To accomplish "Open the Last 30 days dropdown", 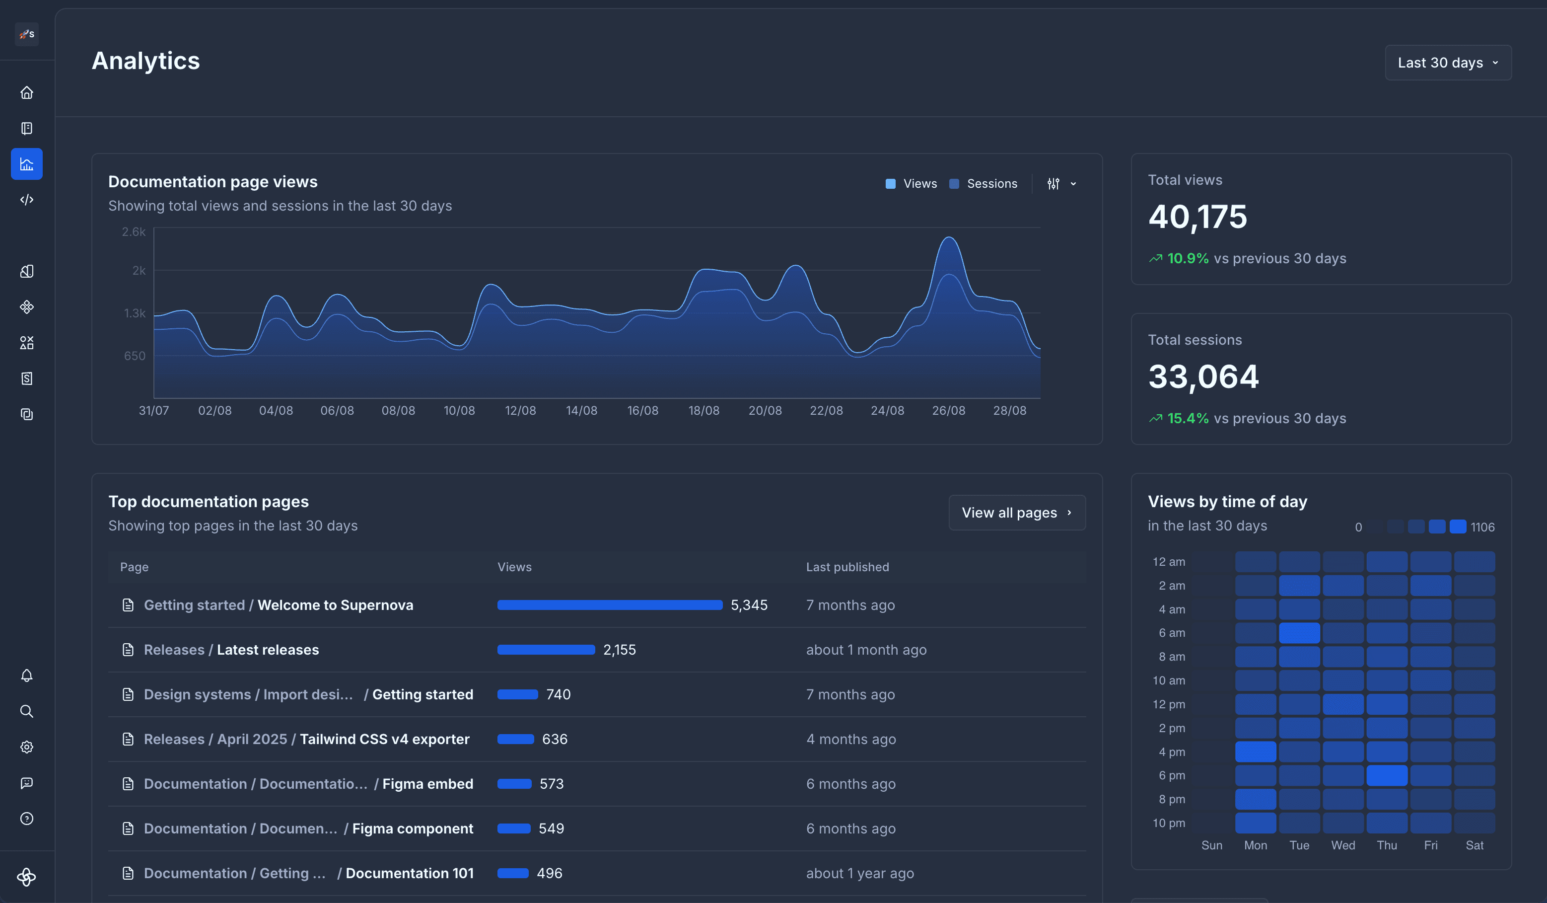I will [x=1448, y=63].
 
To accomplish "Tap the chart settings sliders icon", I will [x=1054, y=184].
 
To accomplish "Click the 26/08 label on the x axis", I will [x=948, y=410].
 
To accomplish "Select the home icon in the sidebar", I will [x=26, y=93].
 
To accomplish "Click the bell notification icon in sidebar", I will [x=26, y=675].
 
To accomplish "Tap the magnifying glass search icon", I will [x=26, y=711].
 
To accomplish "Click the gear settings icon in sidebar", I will [x=26, y=747].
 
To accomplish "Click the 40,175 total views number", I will [x=1197, y=217].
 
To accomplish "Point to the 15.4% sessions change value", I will [x=1187, y=418].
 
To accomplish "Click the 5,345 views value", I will [x=749, y=605].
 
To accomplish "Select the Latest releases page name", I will [x=268, y=650].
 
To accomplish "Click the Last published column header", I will [x=847, y=567].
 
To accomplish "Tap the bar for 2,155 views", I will [x=546, y=650].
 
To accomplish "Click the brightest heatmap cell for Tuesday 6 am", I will [x=1299, y=633].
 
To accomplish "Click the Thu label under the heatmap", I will [x=1387, y=845].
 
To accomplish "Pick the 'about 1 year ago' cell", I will [x=859, y=874].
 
